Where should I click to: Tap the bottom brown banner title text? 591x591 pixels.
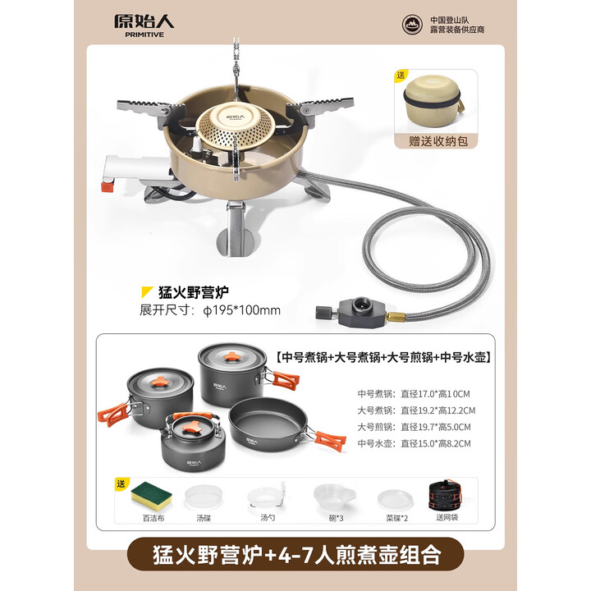(295, 555)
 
